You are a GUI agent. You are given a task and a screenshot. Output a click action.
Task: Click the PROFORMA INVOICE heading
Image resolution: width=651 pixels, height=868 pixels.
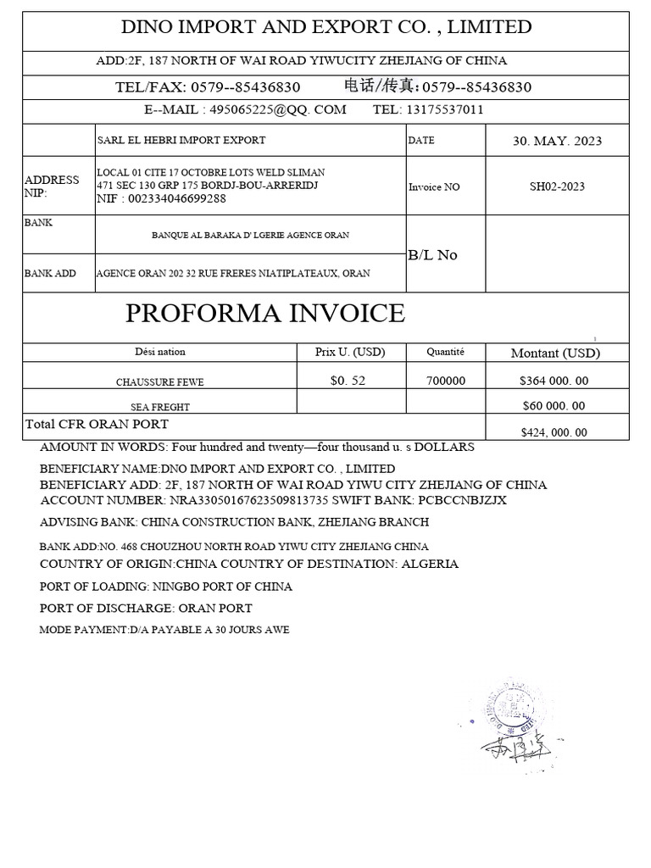265,314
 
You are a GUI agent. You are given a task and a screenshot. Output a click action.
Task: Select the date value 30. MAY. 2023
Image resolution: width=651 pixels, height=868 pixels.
557,141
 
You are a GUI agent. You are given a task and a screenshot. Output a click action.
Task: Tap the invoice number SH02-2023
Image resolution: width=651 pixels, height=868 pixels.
557,186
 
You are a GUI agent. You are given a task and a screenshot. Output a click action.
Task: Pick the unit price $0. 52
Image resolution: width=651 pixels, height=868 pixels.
348,381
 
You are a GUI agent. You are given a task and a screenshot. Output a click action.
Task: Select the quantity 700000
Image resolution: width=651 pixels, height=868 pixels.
446,381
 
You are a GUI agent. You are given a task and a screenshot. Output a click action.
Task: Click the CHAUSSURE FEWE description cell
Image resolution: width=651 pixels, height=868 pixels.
160,382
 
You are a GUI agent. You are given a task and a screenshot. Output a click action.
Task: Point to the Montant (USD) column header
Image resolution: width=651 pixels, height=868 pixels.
556,353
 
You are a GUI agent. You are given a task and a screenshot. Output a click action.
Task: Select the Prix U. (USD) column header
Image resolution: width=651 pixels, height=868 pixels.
349,352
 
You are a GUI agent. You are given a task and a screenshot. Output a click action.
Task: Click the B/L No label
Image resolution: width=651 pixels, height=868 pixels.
432,255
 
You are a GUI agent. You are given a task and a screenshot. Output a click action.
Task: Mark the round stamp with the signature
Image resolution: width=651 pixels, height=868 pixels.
512,712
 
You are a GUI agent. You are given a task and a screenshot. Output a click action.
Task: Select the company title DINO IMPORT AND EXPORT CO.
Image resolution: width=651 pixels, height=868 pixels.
326,27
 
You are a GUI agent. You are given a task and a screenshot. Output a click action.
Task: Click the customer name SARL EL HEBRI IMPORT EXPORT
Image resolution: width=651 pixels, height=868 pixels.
182,141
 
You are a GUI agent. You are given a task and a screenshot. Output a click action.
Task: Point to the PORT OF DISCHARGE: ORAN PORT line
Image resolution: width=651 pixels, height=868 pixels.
146,608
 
